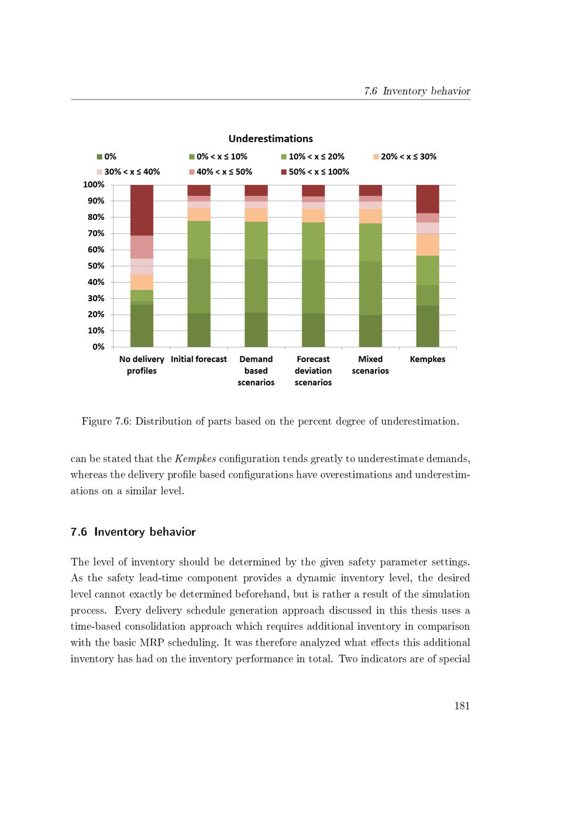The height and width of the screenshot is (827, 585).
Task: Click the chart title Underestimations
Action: [270, 139]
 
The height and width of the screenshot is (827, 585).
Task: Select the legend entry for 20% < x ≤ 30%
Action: [408, 157]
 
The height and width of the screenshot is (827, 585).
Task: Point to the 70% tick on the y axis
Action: [96, 233]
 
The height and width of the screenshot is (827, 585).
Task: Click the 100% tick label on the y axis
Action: [94, 185]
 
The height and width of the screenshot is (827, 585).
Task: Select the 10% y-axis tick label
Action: [96, 330]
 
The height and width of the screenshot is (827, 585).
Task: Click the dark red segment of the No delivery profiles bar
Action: [142, 210]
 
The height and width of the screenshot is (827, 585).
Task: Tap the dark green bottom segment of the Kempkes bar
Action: [428, 326]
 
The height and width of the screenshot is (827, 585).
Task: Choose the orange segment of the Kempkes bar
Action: [428, 244]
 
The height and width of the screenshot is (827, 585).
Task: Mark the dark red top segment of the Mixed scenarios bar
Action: [370, 190]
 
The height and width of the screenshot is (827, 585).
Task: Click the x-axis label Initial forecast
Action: [199, 359]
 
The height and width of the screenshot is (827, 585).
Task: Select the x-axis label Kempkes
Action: [428, 359]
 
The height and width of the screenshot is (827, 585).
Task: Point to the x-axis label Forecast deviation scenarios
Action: [313, 371]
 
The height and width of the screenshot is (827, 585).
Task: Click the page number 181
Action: [462, 705]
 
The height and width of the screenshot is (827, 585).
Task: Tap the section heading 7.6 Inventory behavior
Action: [133, 532]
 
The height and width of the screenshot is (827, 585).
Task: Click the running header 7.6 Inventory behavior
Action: [417, 91]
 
